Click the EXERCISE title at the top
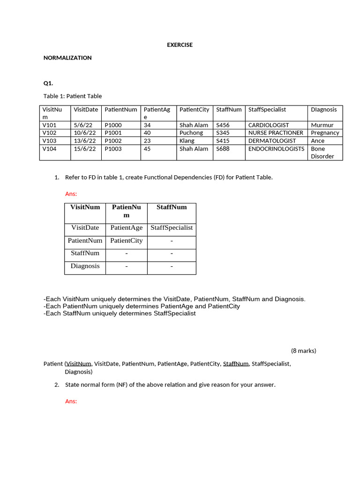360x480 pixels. point(180,45)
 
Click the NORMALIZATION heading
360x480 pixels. point(67,58)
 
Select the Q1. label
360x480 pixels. point(48,83)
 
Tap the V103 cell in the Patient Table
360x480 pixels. point(49,141)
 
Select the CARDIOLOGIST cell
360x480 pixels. point(269,125)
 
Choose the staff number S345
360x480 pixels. point(223,133)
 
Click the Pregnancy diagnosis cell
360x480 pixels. point(325,133)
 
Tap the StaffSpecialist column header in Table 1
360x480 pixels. point(267,109)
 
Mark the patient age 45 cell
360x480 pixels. point(147,149)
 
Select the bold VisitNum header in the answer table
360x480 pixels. point(85,207)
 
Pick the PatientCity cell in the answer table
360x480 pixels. point(126,240)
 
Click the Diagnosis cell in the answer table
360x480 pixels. point(85,266)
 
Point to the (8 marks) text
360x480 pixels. point(303,350)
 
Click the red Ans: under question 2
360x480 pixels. point(71,401)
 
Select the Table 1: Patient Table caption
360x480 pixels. point(73,96)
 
